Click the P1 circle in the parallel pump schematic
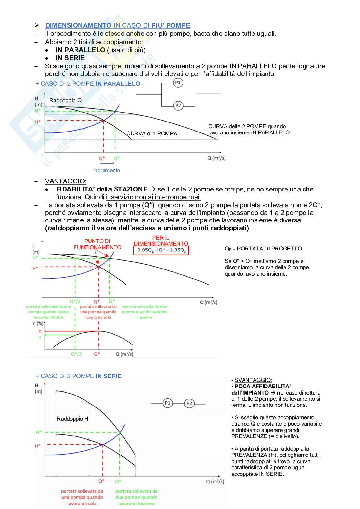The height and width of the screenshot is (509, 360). [x=178, y=83]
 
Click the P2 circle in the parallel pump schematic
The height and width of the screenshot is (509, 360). [x=178, y=105]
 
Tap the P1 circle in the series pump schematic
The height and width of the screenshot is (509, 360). [x=167, y=403]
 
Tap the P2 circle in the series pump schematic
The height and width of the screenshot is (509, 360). [x=189, y=403]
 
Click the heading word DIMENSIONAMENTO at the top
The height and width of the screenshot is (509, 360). [x=78, y=25]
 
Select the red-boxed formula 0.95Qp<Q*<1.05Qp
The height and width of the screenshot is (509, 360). [x=161, y=250]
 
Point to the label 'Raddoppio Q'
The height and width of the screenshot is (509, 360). [x=65, y=100]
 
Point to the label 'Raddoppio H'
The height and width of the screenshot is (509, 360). [x=72, y=419]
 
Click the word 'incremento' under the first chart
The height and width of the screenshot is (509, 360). [x=106, y=170]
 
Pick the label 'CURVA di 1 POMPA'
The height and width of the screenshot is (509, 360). [x=152, y=133]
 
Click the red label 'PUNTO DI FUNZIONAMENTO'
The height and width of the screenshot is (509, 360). [x=97, y=244]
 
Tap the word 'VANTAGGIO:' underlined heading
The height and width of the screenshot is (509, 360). [x=66, y=181]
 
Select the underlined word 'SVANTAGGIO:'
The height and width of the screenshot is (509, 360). [x=253, y=380]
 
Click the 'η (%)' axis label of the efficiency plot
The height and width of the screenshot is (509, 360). [x=38, y=323]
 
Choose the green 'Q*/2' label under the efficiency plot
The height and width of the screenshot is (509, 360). [x=76, y=354]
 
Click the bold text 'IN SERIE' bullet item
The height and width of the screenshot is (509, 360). [x=70, y=58]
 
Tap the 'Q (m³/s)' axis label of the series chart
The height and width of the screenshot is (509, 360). [x=215, y=481]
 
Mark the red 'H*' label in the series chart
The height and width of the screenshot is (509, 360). [x=38, y=446]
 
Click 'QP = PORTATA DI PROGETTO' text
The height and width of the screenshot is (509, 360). [x=263, y=249]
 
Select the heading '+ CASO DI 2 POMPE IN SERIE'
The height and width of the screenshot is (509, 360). [x=78, y=376]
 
